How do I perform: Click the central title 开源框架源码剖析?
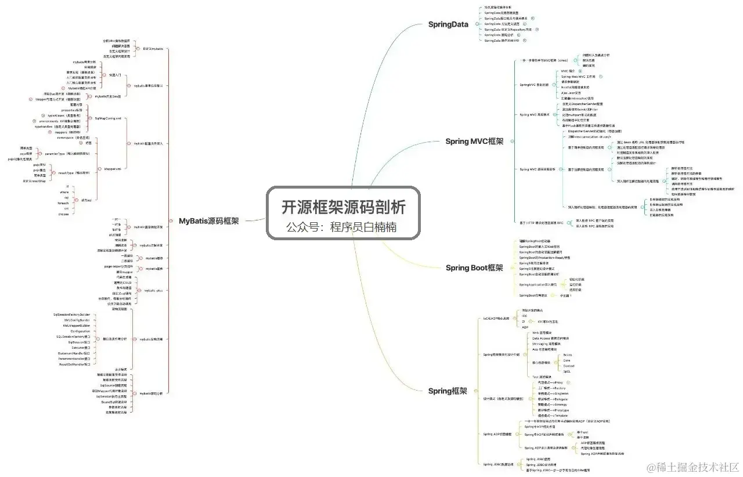coord(343,207)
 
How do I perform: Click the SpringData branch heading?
coord(448,24)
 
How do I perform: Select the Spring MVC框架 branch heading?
coord(474,141)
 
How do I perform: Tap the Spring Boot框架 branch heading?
coord(474,268)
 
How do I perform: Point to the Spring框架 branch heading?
coord(448,391)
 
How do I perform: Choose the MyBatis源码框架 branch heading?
coord(208,221)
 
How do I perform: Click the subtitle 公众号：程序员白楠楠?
coord(341,227)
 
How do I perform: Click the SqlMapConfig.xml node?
coord(108,118)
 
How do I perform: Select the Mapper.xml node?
coord(112,169)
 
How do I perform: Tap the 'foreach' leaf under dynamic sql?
coord(64,204)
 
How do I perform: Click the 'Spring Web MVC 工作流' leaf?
coord(578,76)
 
